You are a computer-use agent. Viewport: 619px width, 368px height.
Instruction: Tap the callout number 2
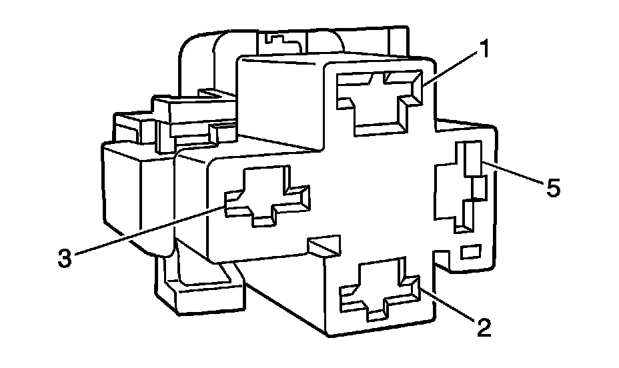point(484,327)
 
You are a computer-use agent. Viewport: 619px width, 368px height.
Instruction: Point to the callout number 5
point(552,189)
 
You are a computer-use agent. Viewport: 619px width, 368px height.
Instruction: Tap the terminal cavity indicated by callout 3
point(266,194)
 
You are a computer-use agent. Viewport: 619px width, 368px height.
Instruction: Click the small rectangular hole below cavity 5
point(471,252)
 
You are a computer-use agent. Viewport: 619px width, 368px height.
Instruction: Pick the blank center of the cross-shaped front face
point(374,193)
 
